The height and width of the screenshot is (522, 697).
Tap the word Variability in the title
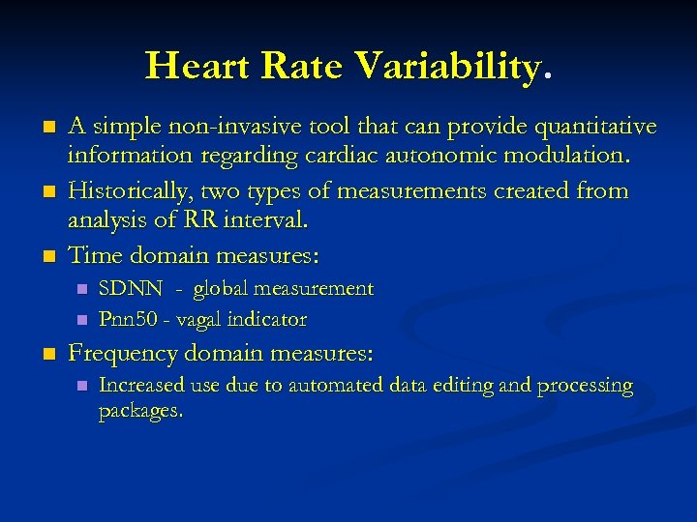coord(446,67)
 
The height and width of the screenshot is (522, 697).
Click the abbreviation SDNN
coord(131,288)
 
